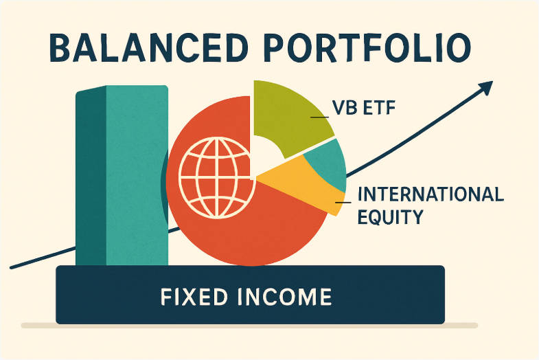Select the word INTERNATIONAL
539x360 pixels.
pyautogui.click(x=431, y=194)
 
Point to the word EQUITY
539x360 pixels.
pyautogui.click(x=390, y=218)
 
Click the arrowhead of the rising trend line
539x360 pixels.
pyautogui.click(x=486, y=88)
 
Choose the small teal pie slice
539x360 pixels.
pyautogui.click(x=328, y=165)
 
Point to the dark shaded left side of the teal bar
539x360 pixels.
pyautogui.click(x=90, y=179)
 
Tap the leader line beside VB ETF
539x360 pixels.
pyautogui.click(x=321, y=118)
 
